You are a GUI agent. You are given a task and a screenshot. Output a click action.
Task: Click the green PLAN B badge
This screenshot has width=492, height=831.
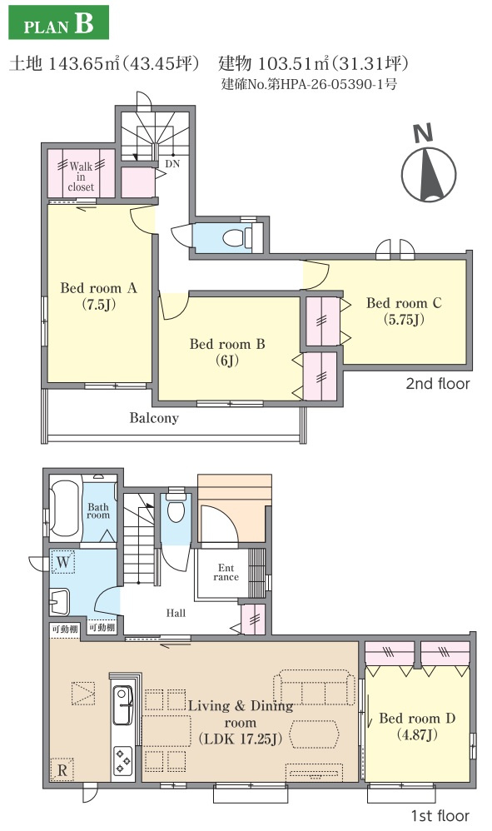tap(59, 22)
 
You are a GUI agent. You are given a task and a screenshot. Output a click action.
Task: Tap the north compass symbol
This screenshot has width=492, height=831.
tap(429, 166)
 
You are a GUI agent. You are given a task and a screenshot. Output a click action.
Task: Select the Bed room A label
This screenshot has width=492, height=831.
tap(98, 296)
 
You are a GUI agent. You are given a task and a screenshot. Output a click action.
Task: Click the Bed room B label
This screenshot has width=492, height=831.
tap(227, 352)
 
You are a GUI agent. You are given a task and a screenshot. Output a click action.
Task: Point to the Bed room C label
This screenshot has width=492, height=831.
tap(404, 311)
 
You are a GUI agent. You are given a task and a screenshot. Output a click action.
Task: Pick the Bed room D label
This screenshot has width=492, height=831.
tap(417, 727)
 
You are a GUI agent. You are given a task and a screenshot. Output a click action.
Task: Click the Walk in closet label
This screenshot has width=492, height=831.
tap(81, 177)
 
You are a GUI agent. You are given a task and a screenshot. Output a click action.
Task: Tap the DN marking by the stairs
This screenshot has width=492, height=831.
tap(172, 164)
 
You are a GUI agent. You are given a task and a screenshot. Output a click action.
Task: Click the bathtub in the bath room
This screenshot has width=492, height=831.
tap(67, 508)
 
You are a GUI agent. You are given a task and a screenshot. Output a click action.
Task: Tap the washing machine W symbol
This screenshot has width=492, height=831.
tap(63, 562)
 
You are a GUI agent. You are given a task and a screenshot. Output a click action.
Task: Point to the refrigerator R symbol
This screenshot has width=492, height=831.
tap(62, 770)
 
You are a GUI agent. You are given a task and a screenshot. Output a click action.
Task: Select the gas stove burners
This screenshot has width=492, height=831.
tap(123, 761)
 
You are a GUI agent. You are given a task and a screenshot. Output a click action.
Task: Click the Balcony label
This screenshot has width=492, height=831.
tap(154, 418)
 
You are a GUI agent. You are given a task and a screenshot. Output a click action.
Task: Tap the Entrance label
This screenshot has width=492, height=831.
tap(226, 572)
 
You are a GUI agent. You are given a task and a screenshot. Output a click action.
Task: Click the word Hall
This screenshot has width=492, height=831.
tap(176, 613)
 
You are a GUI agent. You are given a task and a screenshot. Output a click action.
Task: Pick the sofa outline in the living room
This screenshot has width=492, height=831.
tap(314, 688)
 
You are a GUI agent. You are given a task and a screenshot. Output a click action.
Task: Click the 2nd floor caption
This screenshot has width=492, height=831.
tap(437, 384)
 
